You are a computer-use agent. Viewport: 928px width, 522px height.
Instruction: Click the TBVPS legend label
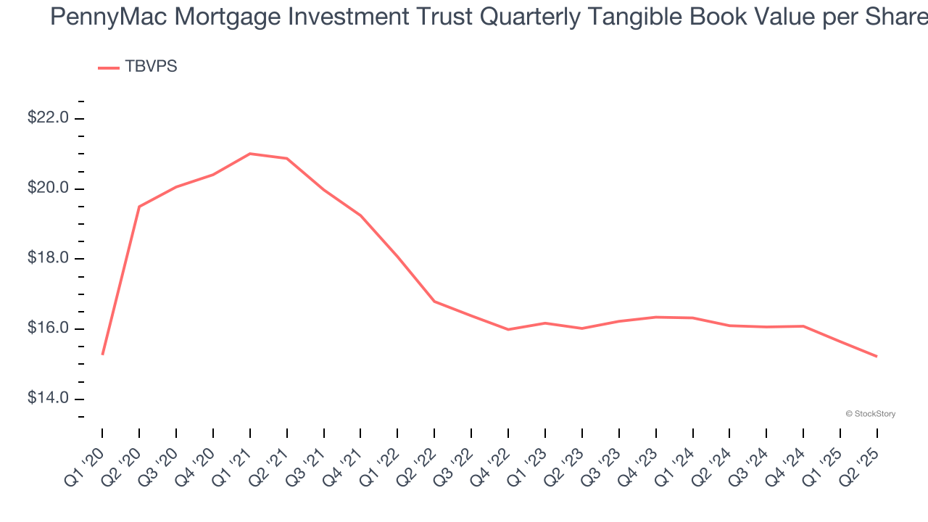(151, 67)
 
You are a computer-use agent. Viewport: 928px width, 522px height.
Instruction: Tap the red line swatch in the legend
(109, 67)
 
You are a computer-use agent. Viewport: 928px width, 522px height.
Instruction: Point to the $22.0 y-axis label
(48, 117)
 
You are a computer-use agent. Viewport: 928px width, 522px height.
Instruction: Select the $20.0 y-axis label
(48, 188)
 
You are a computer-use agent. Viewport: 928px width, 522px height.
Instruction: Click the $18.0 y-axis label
(48, 258)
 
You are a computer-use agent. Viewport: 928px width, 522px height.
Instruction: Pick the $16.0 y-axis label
(48, 328)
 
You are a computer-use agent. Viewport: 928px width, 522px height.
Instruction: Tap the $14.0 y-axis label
(48, 398)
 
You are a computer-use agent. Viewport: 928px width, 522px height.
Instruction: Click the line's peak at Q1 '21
(249, 154)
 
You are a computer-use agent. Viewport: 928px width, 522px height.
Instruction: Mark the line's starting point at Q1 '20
(102, 355)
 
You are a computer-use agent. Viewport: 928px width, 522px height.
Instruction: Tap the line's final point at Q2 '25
(877, 356)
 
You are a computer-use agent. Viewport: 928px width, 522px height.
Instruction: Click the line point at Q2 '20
(139, 207)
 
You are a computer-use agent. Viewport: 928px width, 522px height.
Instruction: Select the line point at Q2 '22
(434, 301)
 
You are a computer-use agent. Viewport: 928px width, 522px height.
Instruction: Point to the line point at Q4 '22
(508, 329)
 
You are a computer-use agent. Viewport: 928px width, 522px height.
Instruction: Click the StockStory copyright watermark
(870, 414)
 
